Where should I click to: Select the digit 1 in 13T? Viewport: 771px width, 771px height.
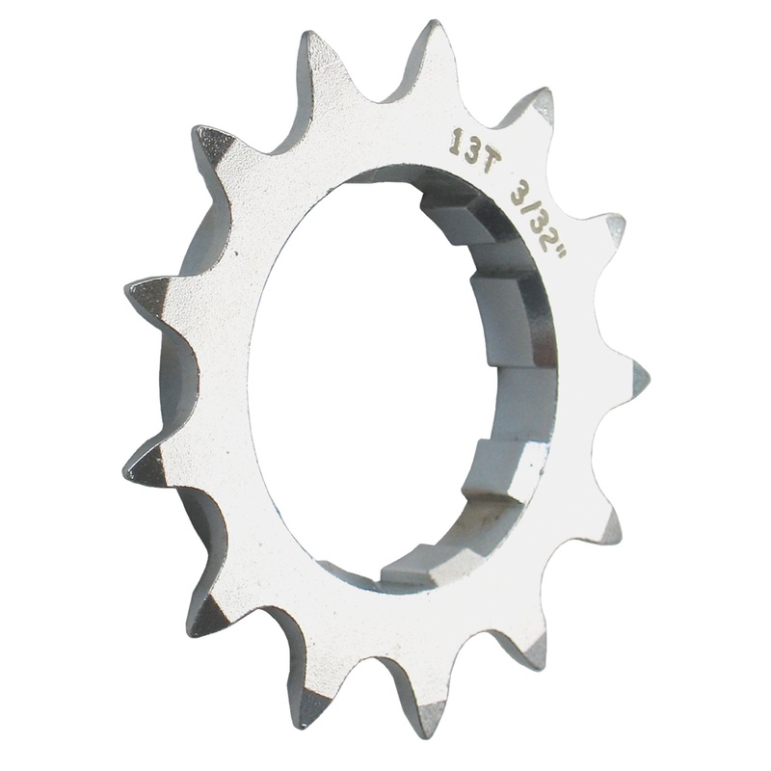(x=455, y=142)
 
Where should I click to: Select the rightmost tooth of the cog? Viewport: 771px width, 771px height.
(x=636, y=371)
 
